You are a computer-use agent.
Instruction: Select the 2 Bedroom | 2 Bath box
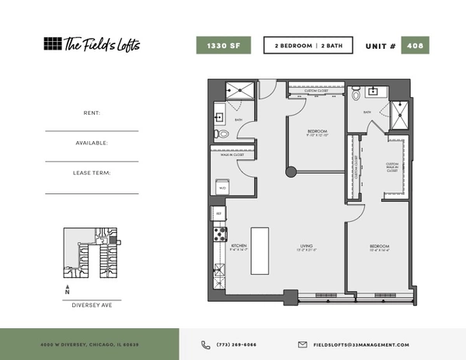coord(308,46)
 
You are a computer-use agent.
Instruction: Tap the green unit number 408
coord(416,46)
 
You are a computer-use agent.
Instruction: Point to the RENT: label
coord(92,113)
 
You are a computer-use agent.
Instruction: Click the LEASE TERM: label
coord(92,173)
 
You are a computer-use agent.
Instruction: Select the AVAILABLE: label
coord(92,143)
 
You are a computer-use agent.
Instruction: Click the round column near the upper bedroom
coord(290,171)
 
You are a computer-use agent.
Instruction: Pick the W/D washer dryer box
coord(222,187)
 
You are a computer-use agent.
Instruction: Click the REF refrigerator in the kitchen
coord(218,213)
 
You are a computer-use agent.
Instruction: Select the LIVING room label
coord(307,247)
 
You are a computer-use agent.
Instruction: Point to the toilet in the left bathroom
coord(224,134)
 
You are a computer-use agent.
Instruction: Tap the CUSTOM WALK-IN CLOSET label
coord(392,167)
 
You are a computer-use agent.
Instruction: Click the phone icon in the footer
coord(206,344)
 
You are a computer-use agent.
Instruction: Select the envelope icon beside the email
coord(303,344)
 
